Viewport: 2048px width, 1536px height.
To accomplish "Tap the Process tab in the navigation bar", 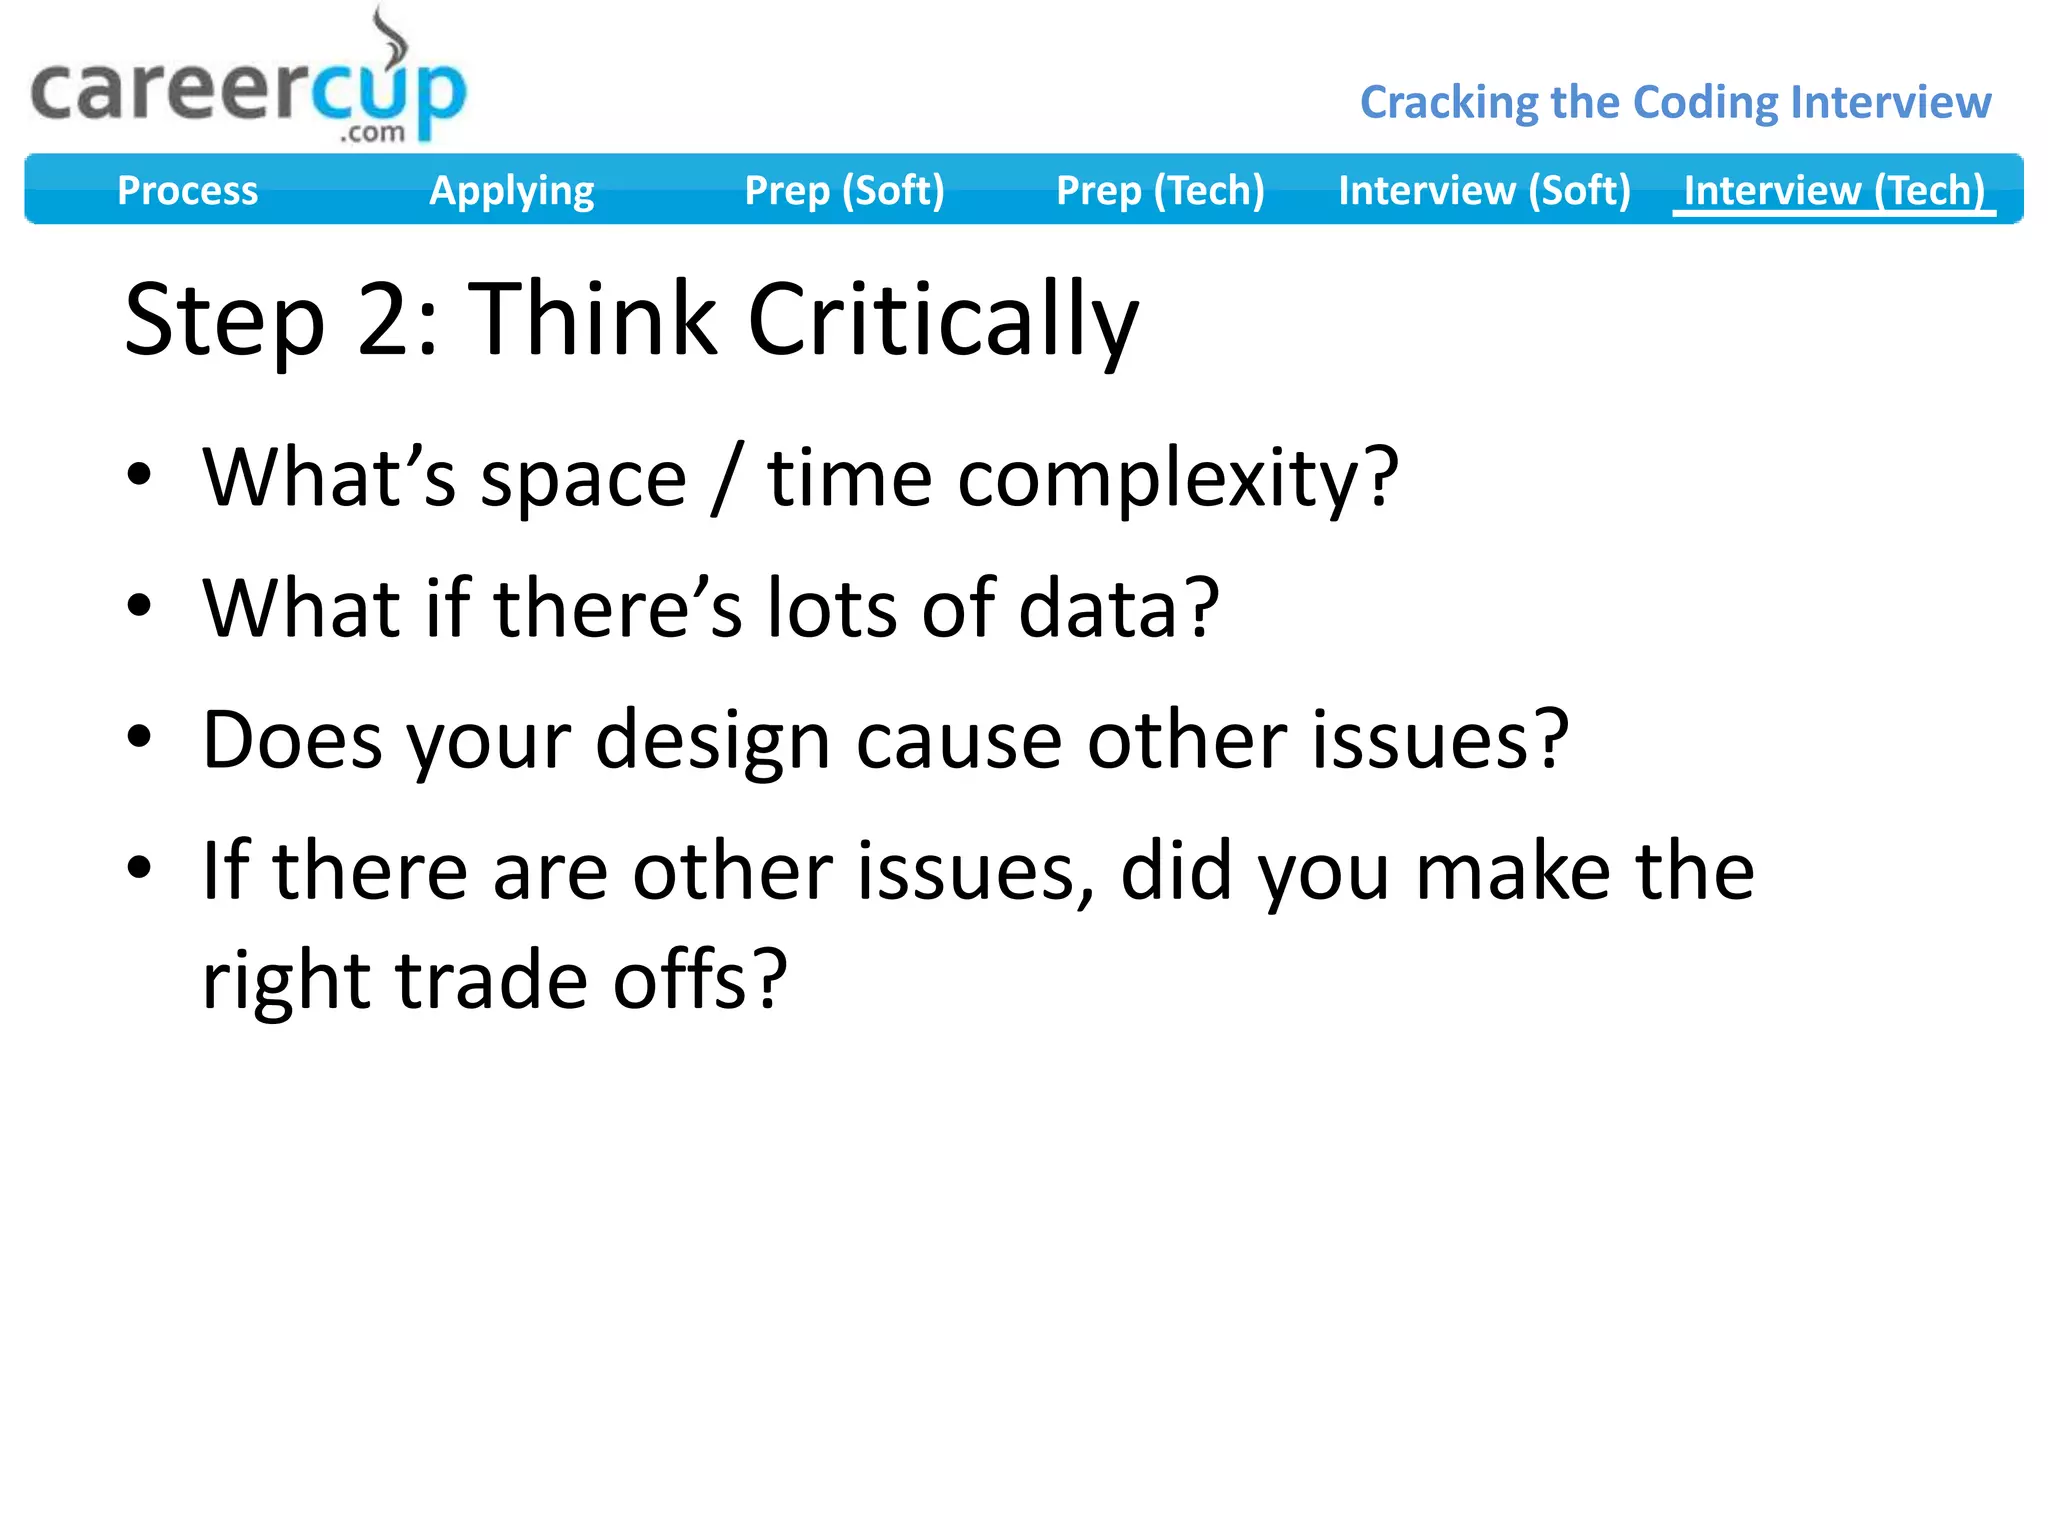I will (187, 190).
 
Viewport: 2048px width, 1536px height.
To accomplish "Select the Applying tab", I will (511, 190).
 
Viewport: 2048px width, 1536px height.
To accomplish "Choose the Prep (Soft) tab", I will (844, 190).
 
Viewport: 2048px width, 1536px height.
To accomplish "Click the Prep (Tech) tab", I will (1160, 190).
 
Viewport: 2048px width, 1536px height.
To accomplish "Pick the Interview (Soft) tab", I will (1484, 190).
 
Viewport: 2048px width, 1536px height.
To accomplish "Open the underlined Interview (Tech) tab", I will (1834, 190).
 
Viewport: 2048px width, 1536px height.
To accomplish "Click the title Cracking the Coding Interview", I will (1675, 102).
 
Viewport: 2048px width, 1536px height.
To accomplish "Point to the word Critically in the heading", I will (942, 320).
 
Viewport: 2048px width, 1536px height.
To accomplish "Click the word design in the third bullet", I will (712, 741).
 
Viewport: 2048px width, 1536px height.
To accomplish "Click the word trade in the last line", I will (491, 980).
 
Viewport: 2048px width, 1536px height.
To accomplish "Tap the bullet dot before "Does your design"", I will (139, 737).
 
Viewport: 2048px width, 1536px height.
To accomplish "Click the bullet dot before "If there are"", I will (139, 867).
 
